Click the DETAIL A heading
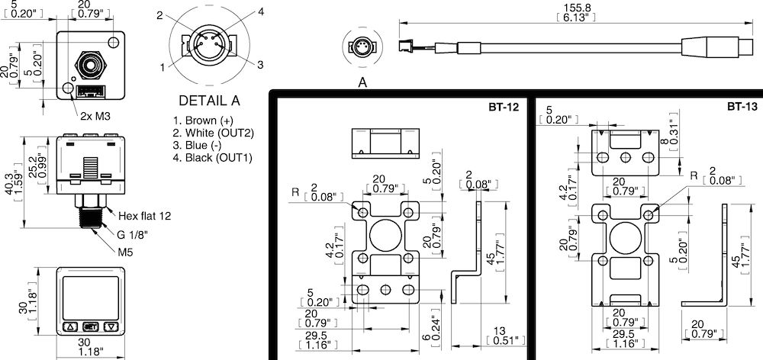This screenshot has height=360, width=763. coord(208,100)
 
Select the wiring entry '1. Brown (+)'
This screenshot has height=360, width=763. coord(204,121)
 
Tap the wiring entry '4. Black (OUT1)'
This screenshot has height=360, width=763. coord(213,158)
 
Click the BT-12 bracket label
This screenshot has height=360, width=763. coord(504,107)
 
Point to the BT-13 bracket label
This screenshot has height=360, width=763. coord(742,107)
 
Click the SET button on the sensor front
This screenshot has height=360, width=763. coord(91,326)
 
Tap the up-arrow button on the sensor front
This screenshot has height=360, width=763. coord(69,326)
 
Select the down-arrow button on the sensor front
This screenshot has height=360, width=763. coord(112,326)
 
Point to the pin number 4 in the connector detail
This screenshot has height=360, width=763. coord(240,11)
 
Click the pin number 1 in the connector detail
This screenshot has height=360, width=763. coord(163,68)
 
